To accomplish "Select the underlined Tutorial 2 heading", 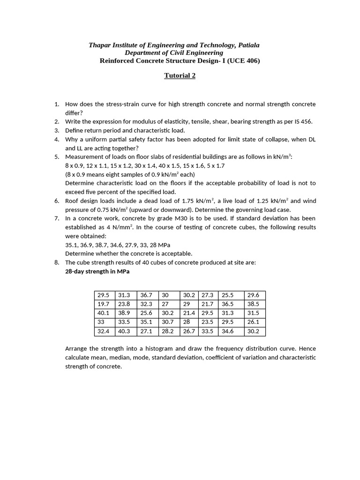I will [180, 75].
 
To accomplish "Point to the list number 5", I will [56, 157].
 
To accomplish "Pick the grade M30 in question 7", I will [178, 218].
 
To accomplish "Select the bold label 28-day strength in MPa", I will [97, 271].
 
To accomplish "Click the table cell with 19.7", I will [105, 304].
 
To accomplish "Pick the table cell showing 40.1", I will [105, 313].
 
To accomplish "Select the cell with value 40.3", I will [127, 331].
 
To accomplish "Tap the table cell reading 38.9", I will [127, 313].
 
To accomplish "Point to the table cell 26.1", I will [255, 322].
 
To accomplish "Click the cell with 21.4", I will [190, 313].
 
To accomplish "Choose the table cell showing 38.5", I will [255, 304].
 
